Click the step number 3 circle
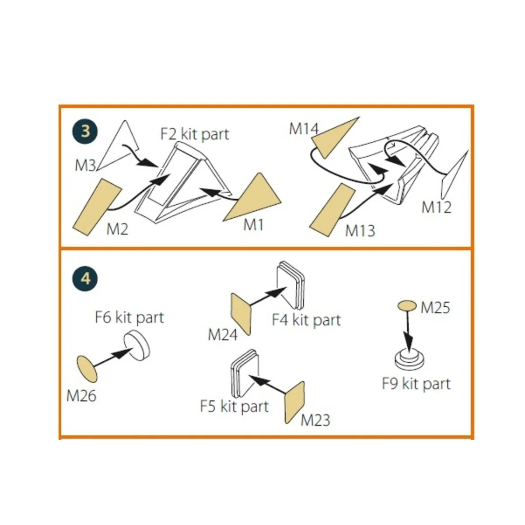[x=85, y=131]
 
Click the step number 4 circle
[x=85, y=278]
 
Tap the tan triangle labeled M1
[x=256, y=199]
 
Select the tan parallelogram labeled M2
[x=97, y=206]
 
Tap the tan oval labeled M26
[x=87, y=368]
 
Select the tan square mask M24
[x=241, y=313]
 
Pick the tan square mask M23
[x=294, y=402]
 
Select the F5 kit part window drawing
[x=244, y=370]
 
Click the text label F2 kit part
[x=194, y=133]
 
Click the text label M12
[x=436, y=206]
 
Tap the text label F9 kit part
[x=416, y=384]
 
